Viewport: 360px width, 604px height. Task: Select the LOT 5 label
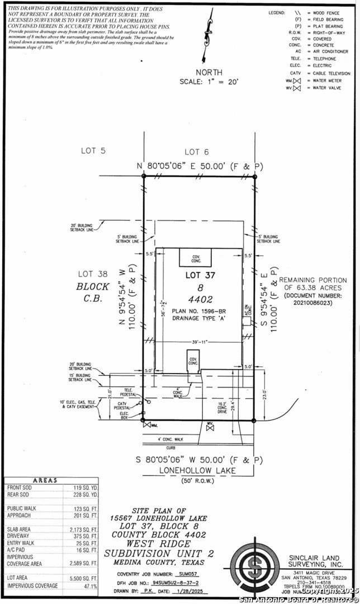93,151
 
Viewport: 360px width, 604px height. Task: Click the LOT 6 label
196,152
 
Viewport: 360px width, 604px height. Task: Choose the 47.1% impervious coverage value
89,586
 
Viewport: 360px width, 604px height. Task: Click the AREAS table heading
51,480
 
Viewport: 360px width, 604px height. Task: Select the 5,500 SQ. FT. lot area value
86,577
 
